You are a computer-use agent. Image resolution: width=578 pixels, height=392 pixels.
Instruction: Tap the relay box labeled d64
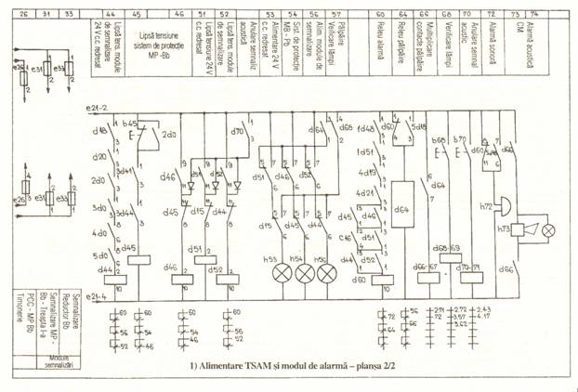402,211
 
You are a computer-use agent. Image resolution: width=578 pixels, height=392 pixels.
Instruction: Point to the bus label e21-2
94,110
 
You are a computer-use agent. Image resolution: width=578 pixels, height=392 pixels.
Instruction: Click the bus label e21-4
94,296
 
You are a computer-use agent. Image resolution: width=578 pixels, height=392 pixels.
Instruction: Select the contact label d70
236,133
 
